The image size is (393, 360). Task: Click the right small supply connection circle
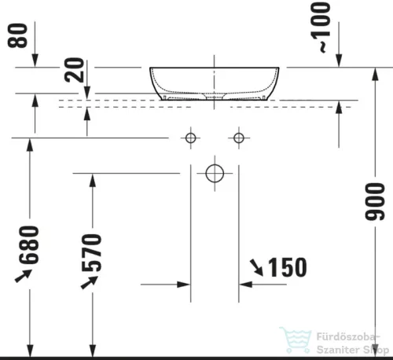[x=239, y=138]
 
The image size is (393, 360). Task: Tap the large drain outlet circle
[x=215, y=172]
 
